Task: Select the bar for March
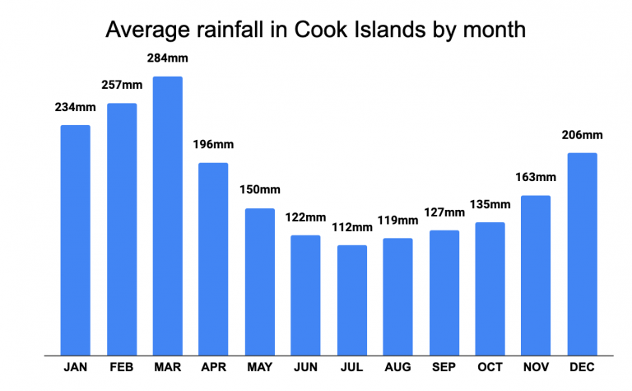167,216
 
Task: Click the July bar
351,300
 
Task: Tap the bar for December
582,254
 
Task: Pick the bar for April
213,259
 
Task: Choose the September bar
444,293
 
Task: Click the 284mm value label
167,60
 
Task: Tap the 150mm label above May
259,190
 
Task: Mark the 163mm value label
536,177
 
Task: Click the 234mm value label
75,107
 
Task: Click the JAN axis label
75,367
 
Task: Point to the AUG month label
397,367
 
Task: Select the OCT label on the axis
490,367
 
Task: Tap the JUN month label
305,367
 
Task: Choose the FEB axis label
121,367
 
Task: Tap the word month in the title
491,31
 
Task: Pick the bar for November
536,275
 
